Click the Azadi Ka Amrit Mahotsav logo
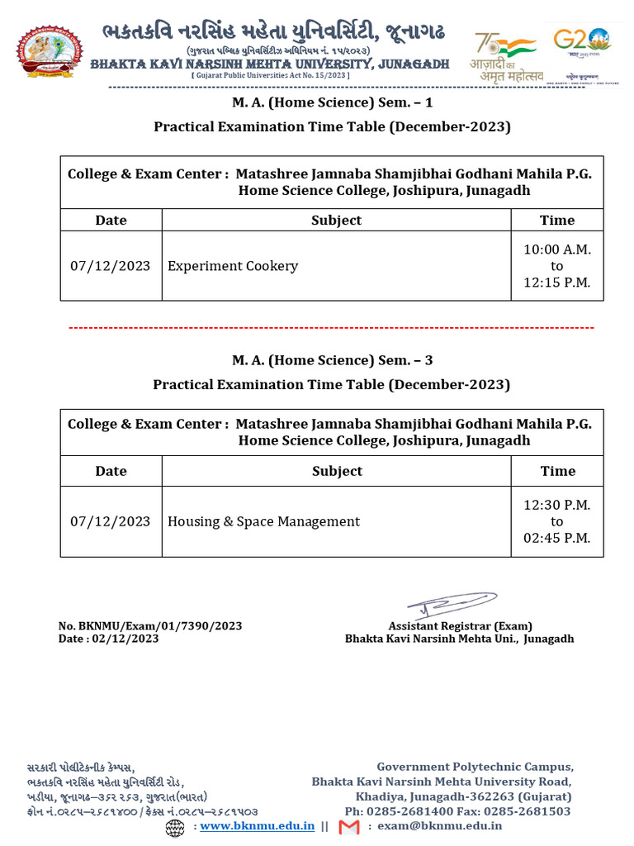coord(504,56)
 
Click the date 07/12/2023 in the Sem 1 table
coord(111,266)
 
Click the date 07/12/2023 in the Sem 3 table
coord(111,521)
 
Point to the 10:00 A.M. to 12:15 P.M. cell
coord(557,266)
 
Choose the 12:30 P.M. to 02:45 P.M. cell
coord(557,521)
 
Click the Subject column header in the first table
coord(336,220)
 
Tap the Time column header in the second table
coord(557,471)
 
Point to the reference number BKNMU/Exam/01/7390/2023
coord(150,626)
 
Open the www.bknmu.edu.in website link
coord(257,825)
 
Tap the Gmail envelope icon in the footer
coord(349,826)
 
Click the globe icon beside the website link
coord(175,826)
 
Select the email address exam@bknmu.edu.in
coord(440,825)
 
